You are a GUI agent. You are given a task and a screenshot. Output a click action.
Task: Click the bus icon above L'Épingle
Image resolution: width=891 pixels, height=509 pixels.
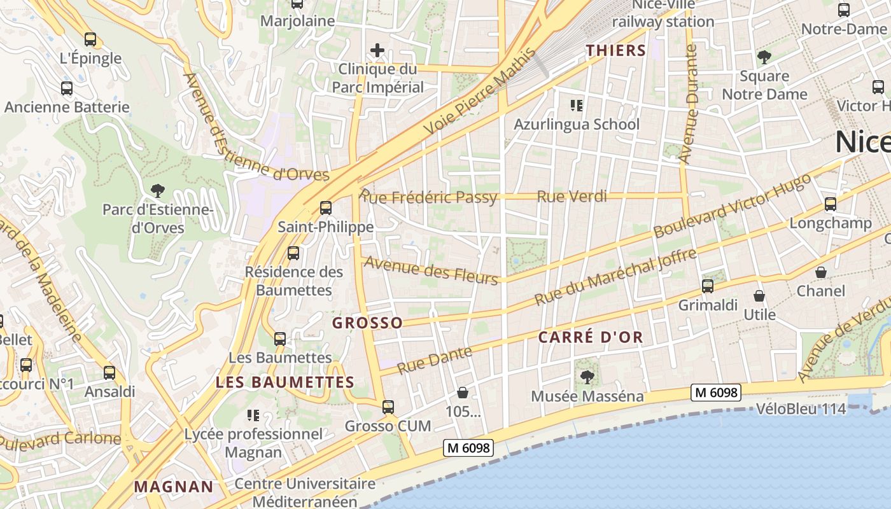click(90, 39)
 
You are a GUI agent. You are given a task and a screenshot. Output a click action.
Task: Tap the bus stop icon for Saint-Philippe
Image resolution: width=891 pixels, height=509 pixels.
click(326, 207)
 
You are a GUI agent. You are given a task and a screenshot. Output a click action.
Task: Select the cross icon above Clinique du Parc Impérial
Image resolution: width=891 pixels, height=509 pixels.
click(377, 50)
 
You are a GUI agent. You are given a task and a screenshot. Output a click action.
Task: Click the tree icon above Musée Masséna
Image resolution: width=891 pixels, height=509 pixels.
click(587, 377)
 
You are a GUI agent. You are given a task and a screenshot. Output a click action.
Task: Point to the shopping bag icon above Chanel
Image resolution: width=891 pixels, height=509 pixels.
click(821, 272)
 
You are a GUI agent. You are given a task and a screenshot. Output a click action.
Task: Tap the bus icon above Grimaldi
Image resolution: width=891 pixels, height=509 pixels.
click(708, 286)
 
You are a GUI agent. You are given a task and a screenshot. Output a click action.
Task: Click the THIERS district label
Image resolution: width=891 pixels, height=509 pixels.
click(615, 50)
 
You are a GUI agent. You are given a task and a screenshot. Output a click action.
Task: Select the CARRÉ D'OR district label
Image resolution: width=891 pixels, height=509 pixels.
click(591, 338)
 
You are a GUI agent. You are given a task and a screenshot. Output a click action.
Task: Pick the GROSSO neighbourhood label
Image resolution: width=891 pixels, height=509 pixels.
click(367, 323)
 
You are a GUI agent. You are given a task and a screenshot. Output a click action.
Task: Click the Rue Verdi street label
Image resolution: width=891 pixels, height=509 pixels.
click(572, 197)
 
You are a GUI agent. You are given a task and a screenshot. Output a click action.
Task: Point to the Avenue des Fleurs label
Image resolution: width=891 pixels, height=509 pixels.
click(430, 270)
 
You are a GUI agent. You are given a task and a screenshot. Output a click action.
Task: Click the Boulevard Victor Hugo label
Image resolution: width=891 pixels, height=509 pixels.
click(733, 206)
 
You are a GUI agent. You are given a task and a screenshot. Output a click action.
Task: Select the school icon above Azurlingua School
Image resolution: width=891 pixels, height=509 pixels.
click(577, 105)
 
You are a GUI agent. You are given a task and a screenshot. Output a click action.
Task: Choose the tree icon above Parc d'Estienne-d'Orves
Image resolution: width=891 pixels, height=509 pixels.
click(157, 190)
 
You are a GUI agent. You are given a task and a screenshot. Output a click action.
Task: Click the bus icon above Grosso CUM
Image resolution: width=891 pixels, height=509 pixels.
click(388, 407)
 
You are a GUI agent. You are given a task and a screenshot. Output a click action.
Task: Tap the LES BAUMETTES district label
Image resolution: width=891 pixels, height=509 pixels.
click(284, 382)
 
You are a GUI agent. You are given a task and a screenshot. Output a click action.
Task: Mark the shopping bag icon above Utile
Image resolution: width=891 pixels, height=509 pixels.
click(759, 296)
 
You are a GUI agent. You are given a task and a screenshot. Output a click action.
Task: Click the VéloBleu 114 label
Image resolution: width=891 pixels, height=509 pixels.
click(801, 409)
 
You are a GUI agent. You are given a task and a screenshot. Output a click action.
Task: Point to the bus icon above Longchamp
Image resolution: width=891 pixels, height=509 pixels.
click(831, 204)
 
